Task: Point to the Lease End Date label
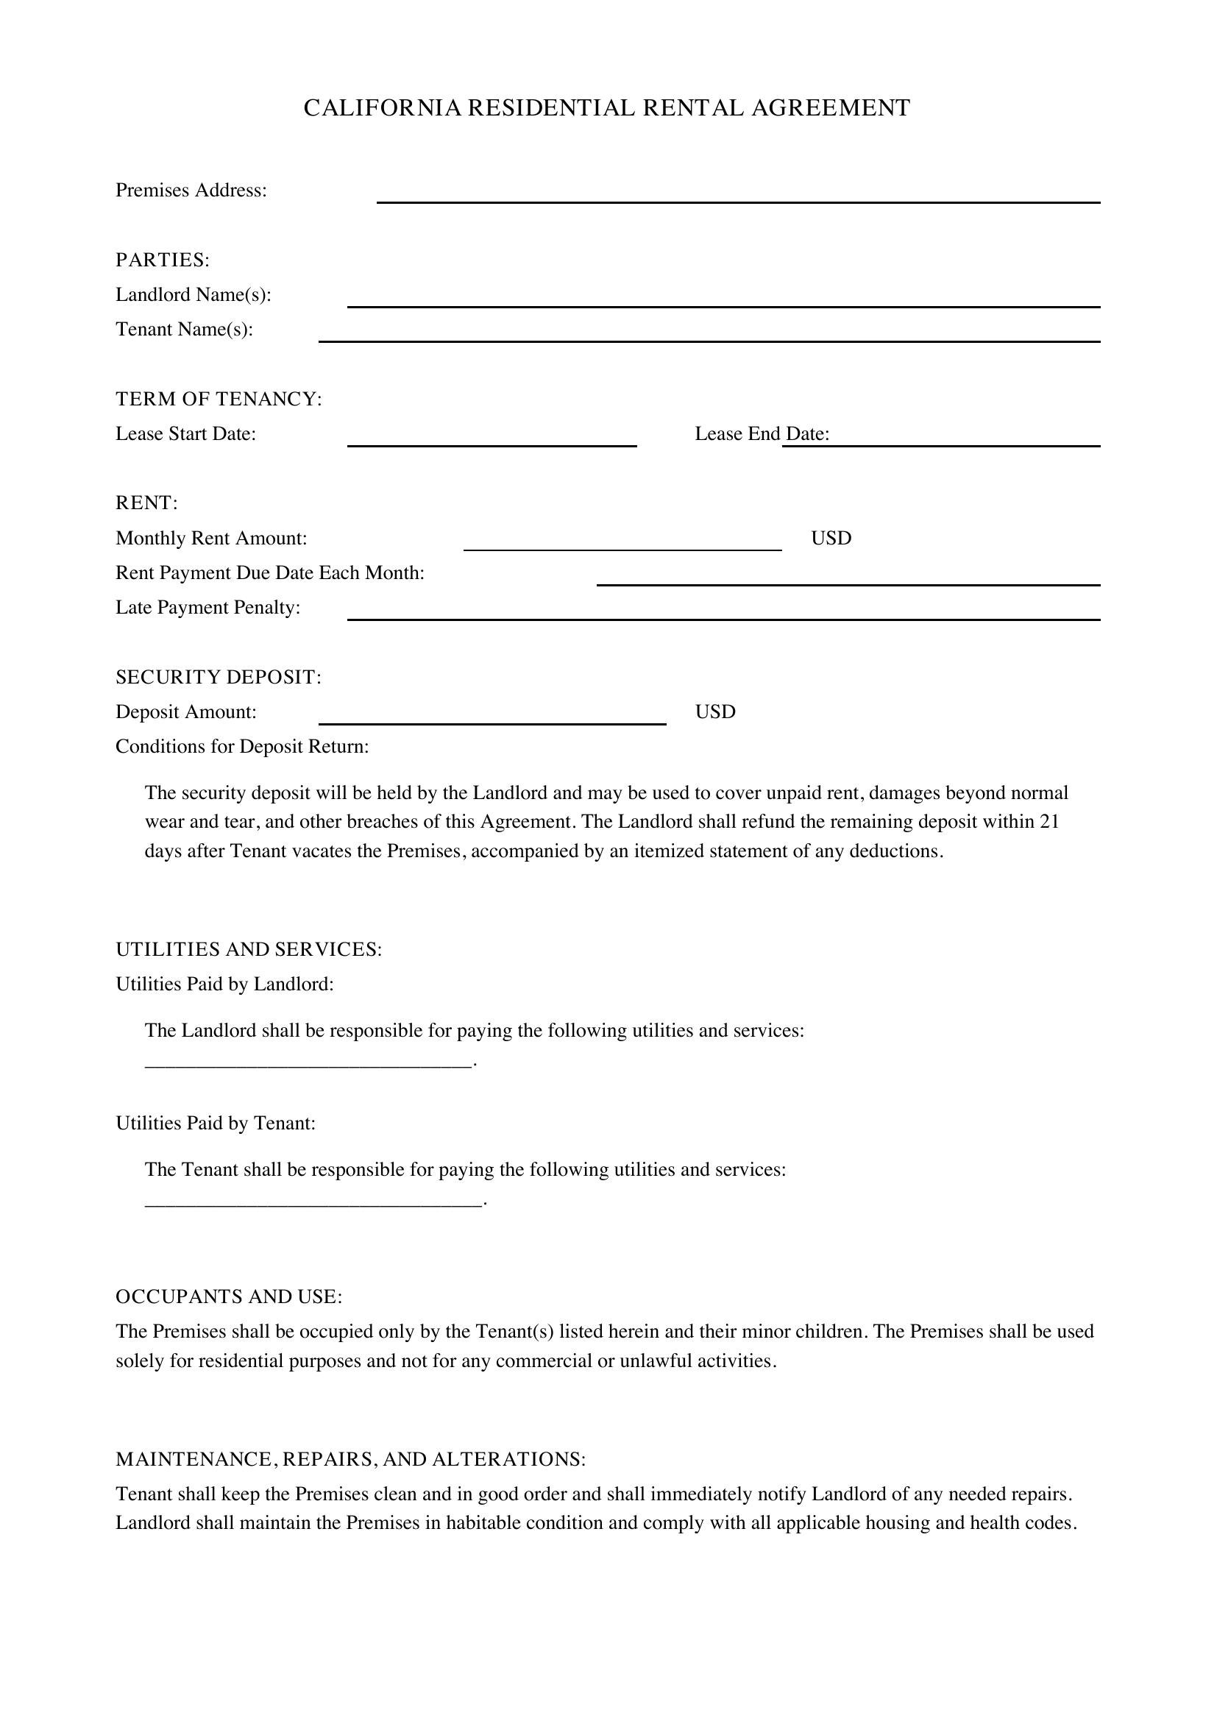[762, 434]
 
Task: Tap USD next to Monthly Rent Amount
[830, 538]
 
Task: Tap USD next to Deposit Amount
[715, 712]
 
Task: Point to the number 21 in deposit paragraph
[1049, 823]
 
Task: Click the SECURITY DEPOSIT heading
[218, 678]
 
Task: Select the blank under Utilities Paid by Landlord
[309, 1059]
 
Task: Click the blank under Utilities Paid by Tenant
[313, 1199]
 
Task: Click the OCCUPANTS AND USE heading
[229, 1296]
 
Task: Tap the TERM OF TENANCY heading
[218, 400]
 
